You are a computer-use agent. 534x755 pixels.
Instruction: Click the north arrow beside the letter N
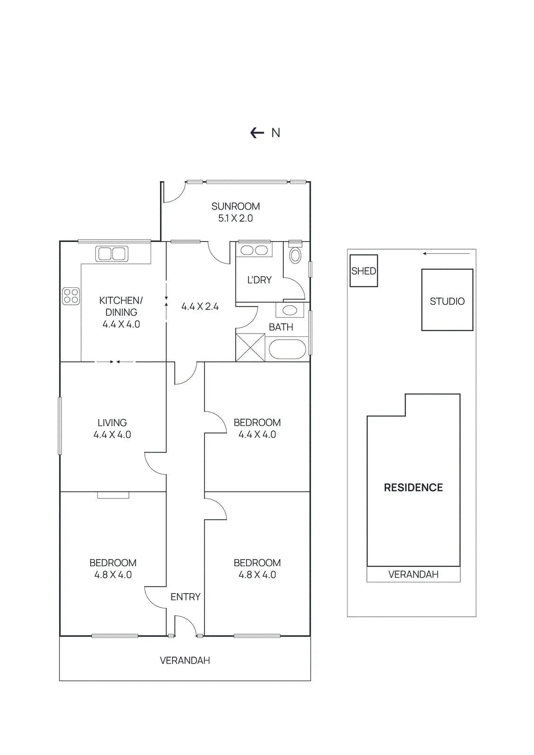[x=257, y=133]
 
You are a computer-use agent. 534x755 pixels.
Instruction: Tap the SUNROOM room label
[x=236, y=206]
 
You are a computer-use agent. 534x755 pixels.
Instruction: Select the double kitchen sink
[x=111, y=253]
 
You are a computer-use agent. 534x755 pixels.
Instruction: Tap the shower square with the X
[x=250, y=347]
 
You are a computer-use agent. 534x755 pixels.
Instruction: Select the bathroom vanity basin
[x=290, y=310]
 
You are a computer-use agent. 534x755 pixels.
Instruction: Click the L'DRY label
[x=259, y=280]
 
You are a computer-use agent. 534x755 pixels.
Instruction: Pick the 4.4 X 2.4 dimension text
[x=200, y=307]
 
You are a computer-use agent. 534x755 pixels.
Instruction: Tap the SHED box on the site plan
[x=363, y=271]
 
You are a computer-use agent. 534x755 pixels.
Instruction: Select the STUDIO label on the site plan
[x=447, y=301]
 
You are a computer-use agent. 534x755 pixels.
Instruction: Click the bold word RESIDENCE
[x=413, y=487]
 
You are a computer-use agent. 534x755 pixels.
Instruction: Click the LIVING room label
[x=112, y=423]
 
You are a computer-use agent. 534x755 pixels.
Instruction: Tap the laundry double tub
[x=253, y=250]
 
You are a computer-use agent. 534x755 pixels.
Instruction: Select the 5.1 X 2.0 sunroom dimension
[x=236, y=218]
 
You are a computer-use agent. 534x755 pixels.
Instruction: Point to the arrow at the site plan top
[x=447, y=253]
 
